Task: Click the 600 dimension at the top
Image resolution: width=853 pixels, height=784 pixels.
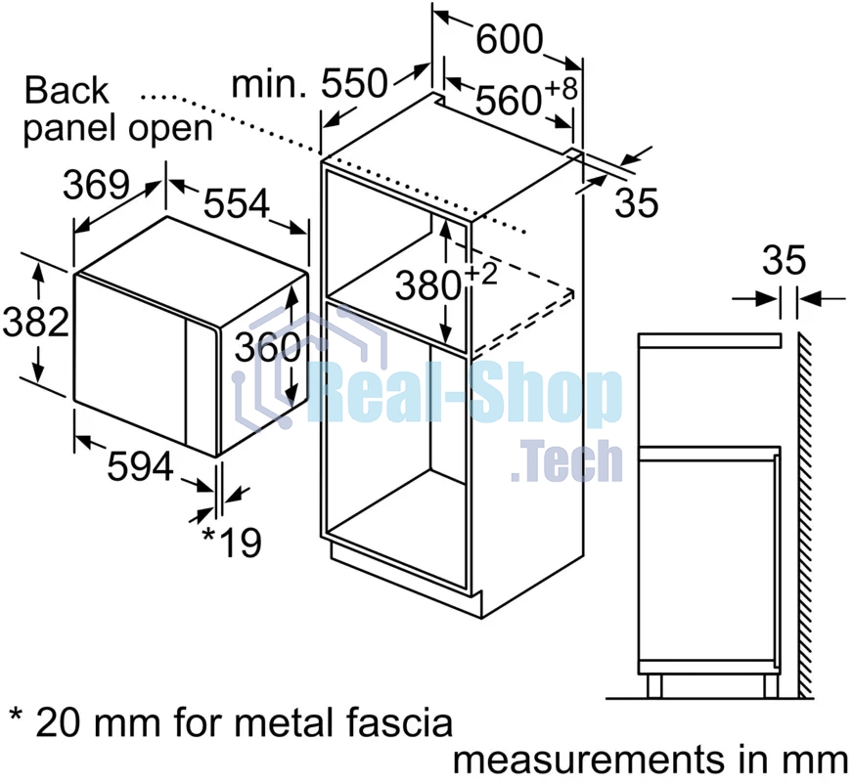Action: pyautogui.click(x=510, y=39)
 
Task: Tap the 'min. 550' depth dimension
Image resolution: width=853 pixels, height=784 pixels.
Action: pyautogui.click(x=310, y=84)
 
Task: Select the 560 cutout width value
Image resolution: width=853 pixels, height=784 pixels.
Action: pyautogui.click(x=508, y=100)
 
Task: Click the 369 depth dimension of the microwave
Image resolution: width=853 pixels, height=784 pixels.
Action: pyautogui.click(x=96, y=185)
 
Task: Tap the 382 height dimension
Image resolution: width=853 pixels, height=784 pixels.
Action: pyautogui.click(x=36, y=322)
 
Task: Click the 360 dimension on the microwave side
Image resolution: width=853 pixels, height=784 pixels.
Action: pyautogui.click(x=268, y=347)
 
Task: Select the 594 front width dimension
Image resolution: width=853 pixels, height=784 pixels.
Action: pyautogui.click(x=140, y=466)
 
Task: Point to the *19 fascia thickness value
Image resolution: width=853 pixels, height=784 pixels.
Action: pyautogui.click(x=232, y=543)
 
